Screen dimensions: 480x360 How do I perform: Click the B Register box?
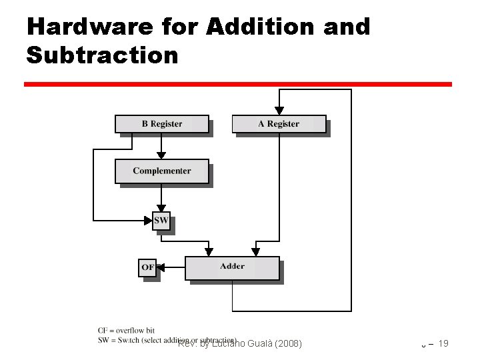162,124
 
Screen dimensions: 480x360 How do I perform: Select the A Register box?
279,124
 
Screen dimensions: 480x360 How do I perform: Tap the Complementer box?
162,171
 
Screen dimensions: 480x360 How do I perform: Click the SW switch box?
161,220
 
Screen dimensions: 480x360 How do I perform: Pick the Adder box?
232,267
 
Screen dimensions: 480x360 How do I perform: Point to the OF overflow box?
147,267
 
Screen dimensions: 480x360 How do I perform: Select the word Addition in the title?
265,27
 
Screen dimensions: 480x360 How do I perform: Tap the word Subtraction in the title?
102,55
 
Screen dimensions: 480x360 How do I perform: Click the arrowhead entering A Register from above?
279,110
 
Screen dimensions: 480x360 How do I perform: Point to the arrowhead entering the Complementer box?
161,155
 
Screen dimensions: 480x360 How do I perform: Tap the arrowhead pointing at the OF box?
161,267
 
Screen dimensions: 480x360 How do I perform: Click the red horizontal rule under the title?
238,85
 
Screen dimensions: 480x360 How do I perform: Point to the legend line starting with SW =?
167,339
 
